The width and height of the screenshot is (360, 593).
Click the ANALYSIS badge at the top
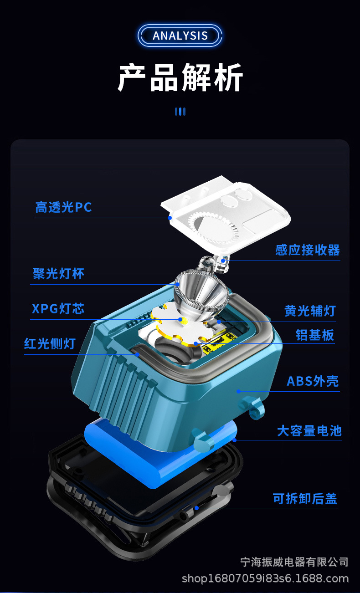point(180,36)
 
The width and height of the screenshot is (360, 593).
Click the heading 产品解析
point(180,78)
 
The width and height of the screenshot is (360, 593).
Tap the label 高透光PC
point(64,207)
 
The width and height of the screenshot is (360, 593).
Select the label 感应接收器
point(308,250)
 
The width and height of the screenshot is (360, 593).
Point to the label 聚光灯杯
point(59,274)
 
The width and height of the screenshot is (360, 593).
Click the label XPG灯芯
point(58,308)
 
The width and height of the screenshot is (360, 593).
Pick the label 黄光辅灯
point(310,311)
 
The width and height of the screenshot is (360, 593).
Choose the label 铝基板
point(315,335)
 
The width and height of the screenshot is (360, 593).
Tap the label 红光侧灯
point(50,343)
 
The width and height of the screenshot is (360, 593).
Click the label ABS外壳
point(313,381)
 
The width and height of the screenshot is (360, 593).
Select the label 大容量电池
point(309,430)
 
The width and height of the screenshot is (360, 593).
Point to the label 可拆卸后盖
point(305,499)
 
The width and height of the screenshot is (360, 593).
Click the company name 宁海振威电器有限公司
point(294,562)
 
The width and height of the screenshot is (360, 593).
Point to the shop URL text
point(265,578)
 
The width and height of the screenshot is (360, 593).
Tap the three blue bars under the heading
point(180,112)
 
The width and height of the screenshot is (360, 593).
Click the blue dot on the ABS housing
point(238,391)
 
